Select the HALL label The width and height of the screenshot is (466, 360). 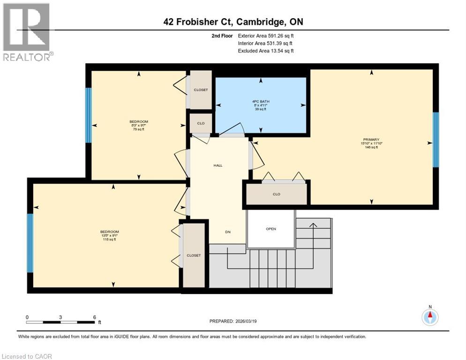point(218,165)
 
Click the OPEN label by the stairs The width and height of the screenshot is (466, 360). point(271,229)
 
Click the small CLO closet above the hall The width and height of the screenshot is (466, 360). point(201,124)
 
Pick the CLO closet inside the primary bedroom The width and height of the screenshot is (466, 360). point(277,194)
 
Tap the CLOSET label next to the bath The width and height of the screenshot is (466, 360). point(201,90)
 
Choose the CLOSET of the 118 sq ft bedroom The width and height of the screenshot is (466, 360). point(194,255)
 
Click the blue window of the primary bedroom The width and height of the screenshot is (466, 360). point(436,140)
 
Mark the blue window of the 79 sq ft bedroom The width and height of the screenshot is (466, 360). point(88,115)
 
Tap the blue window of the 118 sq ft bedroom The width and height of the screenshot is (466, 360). point(30,243)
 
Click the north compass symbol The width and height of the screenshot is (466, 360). point(429,317)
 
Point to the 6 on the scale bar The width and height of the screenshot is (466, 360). point(94,317)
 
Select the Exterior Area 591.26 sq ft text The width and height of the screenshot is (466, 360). point(266,36)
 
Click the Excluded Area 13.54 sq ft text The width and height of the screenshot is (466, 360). point(266,51)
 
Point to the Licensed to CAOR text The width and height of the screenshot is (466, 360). point(27,356)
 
